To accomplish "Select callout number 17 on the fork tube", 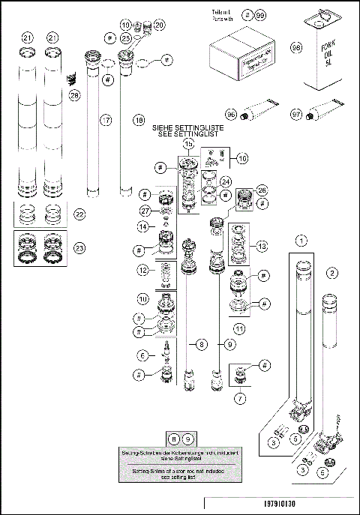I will point(106,119).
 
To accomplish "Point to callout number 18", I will point(138,119).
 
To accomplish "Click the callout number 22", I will point(79,214).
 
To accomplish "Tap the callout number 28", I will point(74,95).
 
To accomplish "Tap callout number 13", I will point(262,247).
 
